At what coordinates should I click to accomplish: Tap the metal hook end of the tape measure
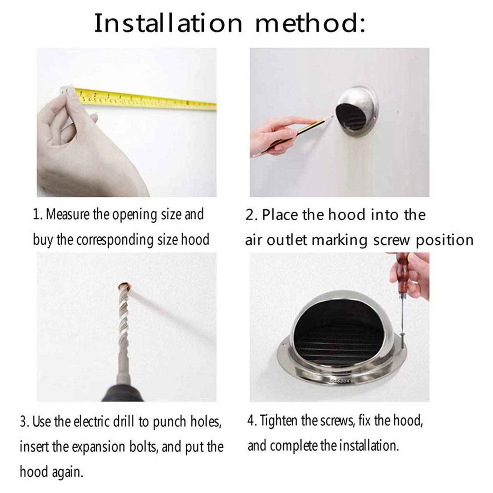coord(67,90)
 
